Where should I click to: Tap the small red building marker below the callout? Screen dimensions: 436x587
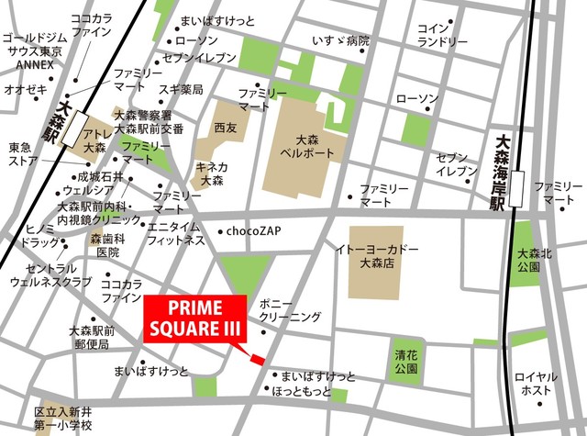tap(258, 359)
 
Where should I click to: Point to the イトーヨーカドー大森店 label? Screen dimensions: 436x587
tap(377, 256)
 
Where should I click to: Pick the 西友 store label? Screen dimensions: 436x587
tap(225, 129)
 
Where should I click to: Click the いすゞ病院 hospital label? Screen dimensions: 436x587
tap(339, 41)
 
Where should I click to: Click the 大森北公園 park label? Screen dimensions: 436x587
tap(534, 260)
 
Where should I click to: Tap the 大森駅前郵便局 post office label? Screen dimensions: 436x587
tap(90, 337)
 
